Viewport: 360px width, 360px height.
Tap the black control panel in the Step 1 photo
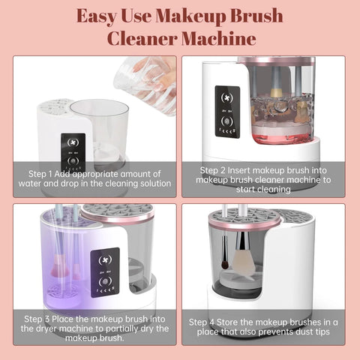[x=72, y=147]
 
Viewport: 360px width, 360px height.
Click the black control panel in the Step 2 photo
[x=226, y=112]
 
